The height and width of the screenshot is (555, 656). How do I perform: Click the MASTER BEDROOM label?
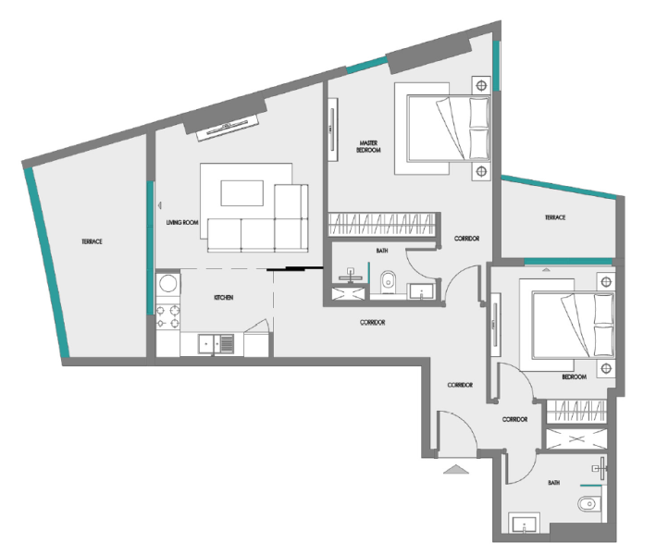point(370,145)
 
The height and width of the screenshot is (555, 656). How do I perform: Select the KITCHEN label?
point(223,297)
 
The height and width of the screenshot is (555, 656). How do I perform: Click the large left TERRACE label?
point(90,241)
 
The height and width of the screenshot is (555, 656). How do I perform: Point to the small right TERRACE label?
point(554,216)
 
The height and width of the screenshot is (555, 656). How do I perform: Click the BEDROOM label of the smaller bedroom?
point(574,377)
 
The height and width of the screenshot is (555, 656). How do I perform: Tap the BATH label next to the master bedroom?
point(381,251)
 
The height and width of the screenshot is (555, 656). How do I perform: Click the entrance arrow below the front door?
point(457,471)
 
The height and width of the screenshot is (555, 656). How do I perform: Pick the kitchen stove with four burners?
point(167,317)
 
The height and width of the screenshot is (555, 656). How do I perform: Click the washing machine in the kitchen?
point(167,283)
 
